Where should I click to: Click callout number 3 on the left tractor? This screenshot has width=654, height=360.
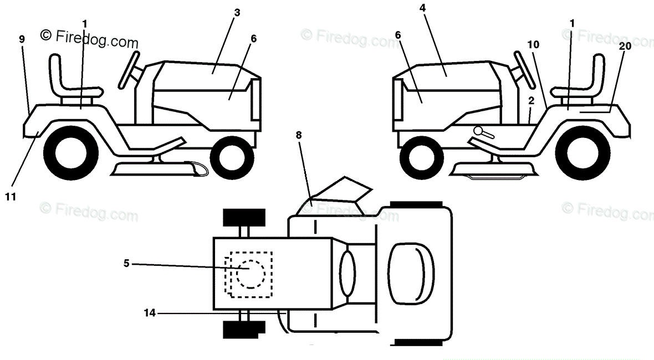click(x=237, y=12)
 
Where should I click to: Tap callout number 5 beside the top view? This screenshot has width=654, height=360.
click(x=126, y=264)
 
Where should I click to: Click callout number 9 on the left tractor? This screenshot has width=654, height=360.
click(x=22, y=39)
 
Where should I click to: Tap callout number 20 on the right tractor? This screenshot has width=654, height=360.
click(x=625, y=47)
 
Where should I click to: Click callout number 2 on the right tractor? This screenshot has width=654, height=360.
click(x=531, y=101)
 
